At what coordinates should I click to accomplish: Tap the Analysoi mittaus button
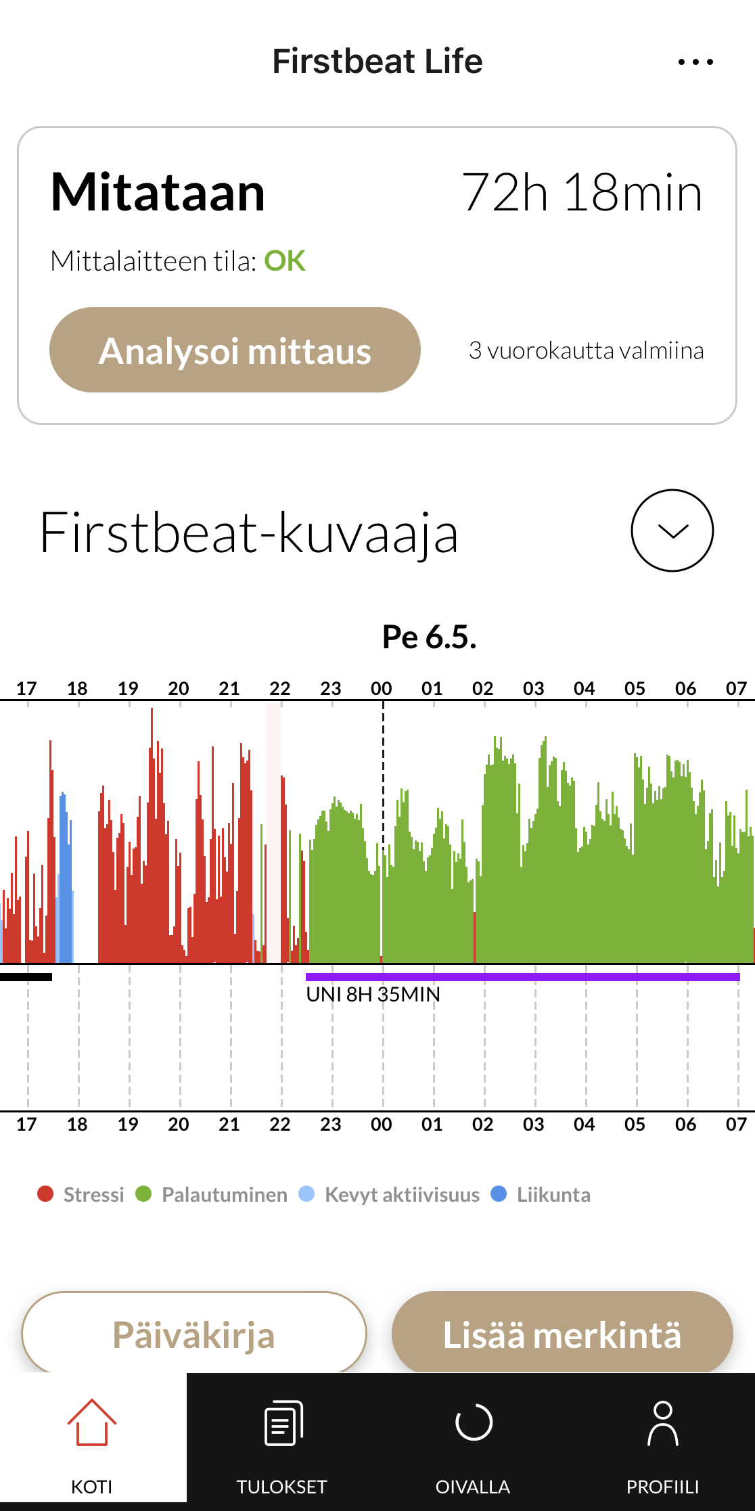[x=235, y=350]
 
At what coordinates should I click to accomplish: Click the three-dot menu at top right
[x=695, y=62]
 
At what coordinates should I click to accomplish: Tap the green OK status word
[x=285, y=261]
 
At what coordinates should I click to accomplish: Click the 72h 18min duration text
[x=582, y=193]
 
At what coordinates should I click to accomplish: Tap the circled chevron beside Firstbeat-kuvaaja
[x=672, y=531]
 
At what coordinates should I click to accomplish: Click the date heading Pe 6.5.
[x=430, y=637]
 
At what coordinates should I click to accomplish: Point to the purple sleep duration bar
[x=523, y=976]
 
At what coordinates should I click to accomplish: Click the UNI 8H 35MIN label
[x=373, y=995]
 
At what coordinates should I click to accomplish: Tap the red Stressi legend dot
[x=45, y=1194]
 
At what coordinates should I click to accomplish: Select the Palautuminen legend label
[x=225, y=1195]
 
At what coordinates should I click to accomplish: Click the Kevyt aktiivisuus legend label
[x=402, y=1195]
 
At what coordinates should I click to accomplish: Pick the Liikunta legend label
[x=553, y=1195]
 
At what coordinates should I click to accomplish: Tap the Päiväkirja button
[x=194, y=1334]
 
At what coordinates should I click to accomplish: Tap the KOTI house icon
[x=92, y=1422]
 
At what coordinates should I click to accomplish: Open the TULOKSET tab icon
[x=283, y=1422]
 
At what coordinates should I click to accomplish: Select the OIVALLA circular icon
[x=474, y=1422]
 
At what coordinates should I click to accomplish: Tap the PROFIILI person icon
[x=663, y=1423]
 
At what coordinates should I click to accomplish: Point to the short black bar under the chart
[x=26, y=976]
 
